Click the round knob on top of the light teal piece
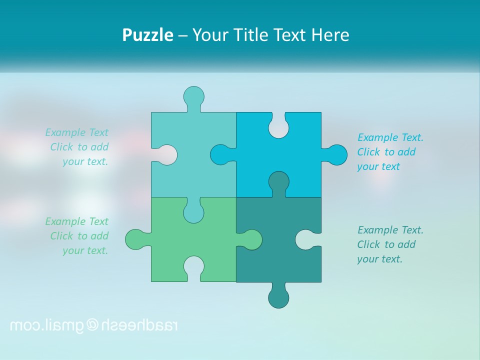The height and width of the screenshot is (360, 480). pyautogui.click(x=193, y=96)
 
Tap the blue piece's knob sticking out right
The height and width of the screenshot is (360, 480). pyautogui.click(x=336, y=155)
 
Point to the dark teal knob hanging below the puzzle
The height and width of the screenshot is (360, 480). pyautogui.click(x=278, y=297)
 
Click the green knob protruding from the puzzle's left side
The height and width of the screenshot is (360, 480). pyautogui.click(x=136, y=239)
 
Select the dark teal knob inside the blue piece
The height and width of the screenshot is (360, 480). pyautogui.click(x=278, y=182)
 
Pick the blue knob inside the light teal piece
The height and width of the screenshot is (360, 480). pyautogui.click(x=221, y=155)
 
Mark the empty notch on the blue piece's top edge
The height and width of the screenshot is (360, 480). pyautogui.click(x=278, y=126)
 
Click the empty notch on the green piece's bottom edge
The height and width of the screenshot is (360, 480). pyautogui.click(x=193, y=268)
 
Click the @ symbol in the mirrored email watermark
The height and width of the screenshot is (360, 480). pyautogui.click(x=93, y=325)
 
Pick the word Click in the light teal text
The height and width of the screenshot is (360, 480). pyautogui.click(x=62, y=147)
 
